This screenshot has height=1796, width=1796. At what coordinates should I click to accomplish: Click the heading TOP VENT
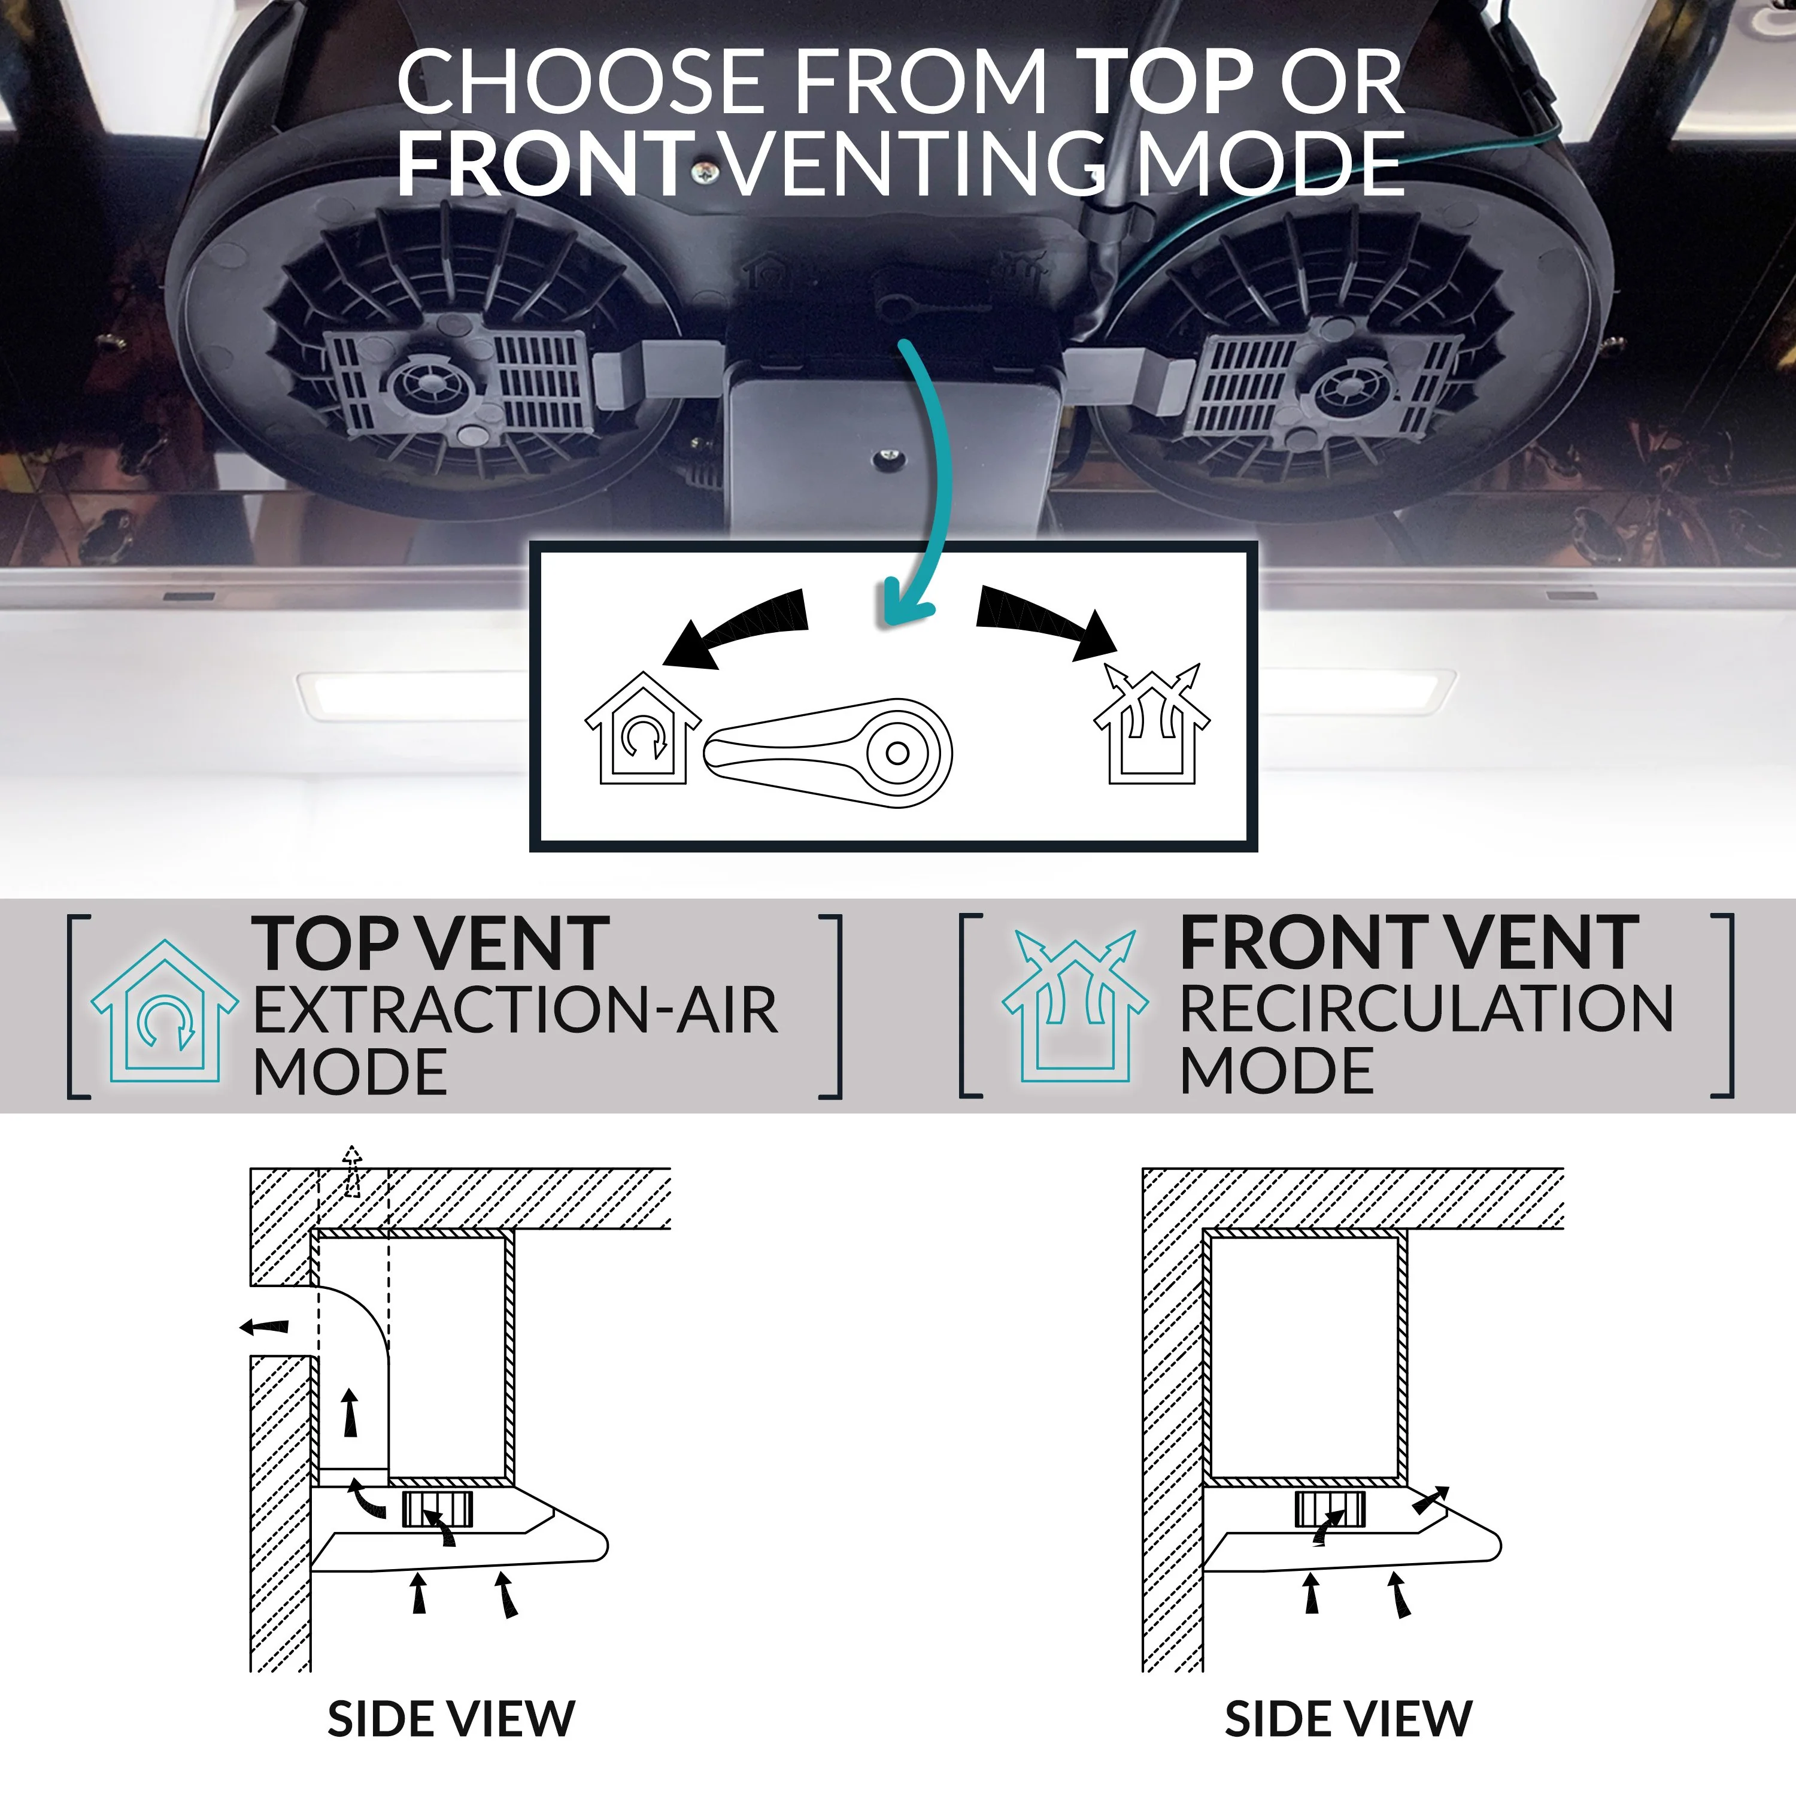(430, 945)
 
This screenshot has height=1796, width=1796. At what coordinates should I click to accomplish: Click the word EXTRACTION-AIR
(515, 1011)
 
